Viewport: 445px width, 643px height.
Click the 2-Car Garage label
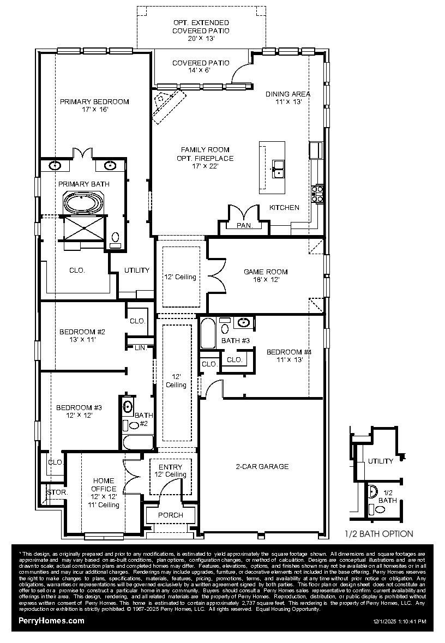click(x=262, y=466)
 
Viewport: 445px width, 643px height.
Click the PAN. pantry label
click(x=243, y=225)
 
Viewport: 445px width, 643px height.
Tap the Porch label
click(x=170, y=515)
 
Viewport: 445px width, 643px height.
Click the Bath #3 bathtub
click(x=208, y=333)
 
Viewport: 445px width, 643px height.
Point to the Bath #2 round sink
click(x=129, y=406)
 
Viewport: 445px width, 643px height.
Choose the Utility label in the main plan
click(x=136, y=271)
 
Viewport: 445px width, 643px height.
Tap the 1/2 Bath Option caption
click(x=379, y=534)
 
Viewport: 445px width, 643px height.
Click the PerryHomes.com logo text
click(x=51, y=621)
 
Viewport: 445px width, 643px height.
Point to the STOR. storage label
click(x=57, y=492)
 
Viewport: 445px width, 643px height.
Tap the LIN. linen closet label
click(x=140, y=347)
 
